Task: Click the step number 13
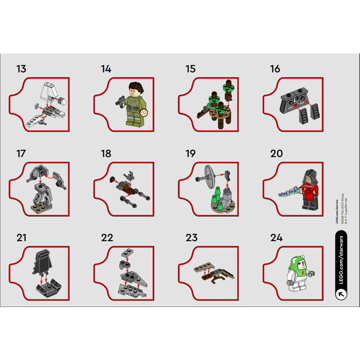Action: (21, 69)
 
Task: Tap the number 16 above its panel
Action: (275, 69)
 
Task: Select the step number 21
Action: (21, 238)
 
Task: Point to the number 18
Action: (106, 153)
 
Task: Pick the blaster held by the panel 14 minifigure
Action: (119, 101)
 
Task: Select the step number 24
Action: (276, 238)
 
